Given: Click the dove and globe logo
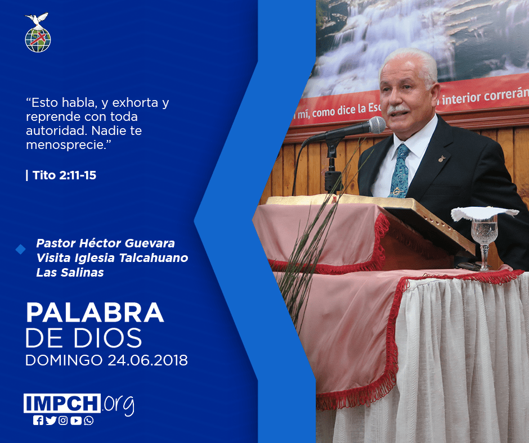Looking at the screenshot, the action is (38, 33).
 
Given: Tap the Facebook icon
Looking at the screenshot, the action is (38, 421).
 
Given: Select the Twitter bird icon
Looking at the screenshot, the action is (51, 421).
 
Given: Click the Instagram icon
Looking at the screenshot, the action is (63, 421).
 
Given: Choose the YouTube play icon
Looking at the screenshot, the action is (76, 421).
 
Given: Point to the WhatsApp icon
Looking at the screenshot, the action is (89, 421).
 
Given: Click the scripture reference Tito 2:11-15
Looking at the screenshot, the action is (64, 175).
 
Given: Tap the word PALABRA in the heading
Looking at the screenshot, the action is (95, 313).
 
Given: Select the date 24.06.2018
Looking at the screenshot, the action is (147, 360).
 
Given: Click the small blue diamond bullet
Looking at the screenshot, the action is (21, 250).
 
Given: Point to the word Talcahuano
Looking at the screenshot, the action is (154, 258).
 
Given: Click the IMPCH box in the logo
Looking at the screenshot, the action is (62, 403).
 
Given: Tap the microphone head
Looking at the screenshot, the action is (377, 125).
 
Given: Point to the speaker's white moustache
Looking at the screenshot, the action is (397, 109).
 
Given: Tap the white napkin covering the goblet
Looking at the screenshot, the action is (485, 213).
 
